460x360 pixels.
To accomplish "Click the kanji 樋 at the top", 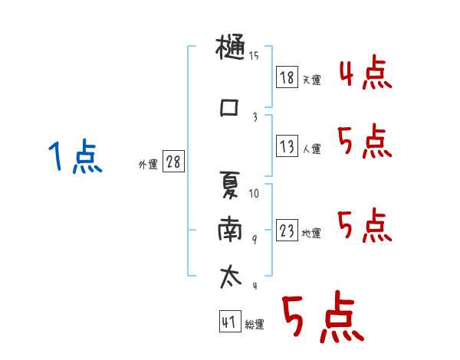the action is pyautogui.click(x=230, y=47).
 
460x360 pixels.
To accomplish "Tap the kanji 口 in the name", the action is pyautogui.click(x=228, y=108).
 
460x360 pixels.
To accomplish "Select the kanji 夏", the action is pyautogui.click(x=230, y=185).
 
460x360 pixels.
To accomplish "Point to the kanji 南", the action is pyautogui.click(x=230, y=229).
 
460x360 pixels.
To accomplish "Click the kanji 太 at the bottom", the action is pyautogui.click(x=231, y=277).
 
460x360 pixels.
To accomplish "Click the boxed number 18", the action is pyautogui.click(x=287, y=77).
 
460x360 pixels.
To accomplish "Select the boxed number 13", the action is pyautogui.click(x=287, y=146).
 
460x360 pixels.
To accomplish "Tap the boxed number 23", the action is pyautogui.click(x=287, y=230).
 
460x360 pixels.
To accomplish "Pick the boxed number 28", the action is pyautogui.click(x=173, y=162).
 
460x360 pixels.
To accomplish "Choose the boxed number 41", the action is pyautogui.click(x=230, y=321).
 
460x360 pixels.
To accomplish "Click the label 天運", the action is pyautogui.click(x=311, y=80).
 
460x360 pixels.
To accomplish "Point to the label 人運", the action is pyautogui.click(x=311, y=149).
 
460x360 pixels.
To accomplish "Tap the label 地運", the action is pyautogui.click(x=311, y=233).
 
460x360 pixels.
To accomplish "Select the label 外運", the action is pyautogui.click(x=148, y=164).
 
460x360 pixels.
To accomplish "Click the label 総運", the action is pyautogui.click(x=255, y=324).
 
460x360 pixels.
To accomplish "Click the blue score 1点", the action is pyautogui.click(x=75, y=156).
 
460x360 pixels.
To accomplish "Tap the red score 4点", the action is pyautogui.click(x=366, y=73).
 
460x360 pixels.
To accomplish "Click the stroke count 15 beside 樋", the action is pyautogui.click(x=254, y=55).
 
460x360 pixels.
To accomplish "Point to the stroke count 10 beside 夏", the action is pyautogui.click(x=254, y=194).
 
